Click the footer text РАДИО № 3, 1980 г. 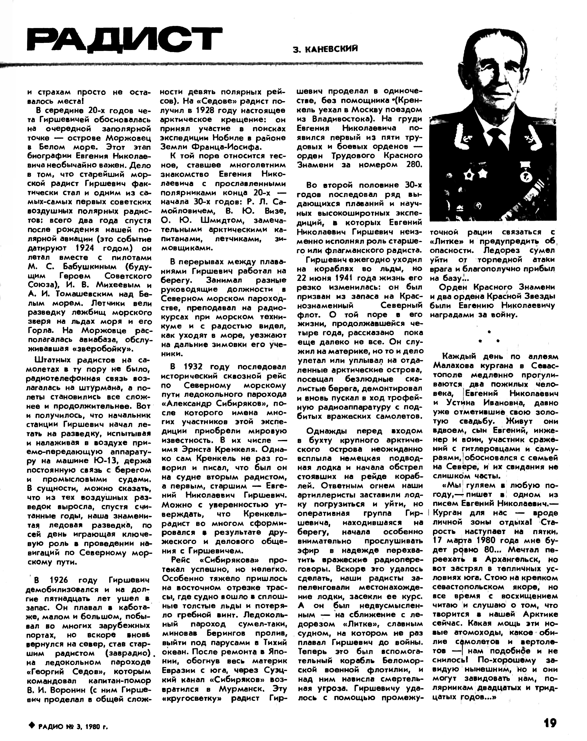pos(73,726)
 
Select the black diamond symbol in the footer pos(32,725)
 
